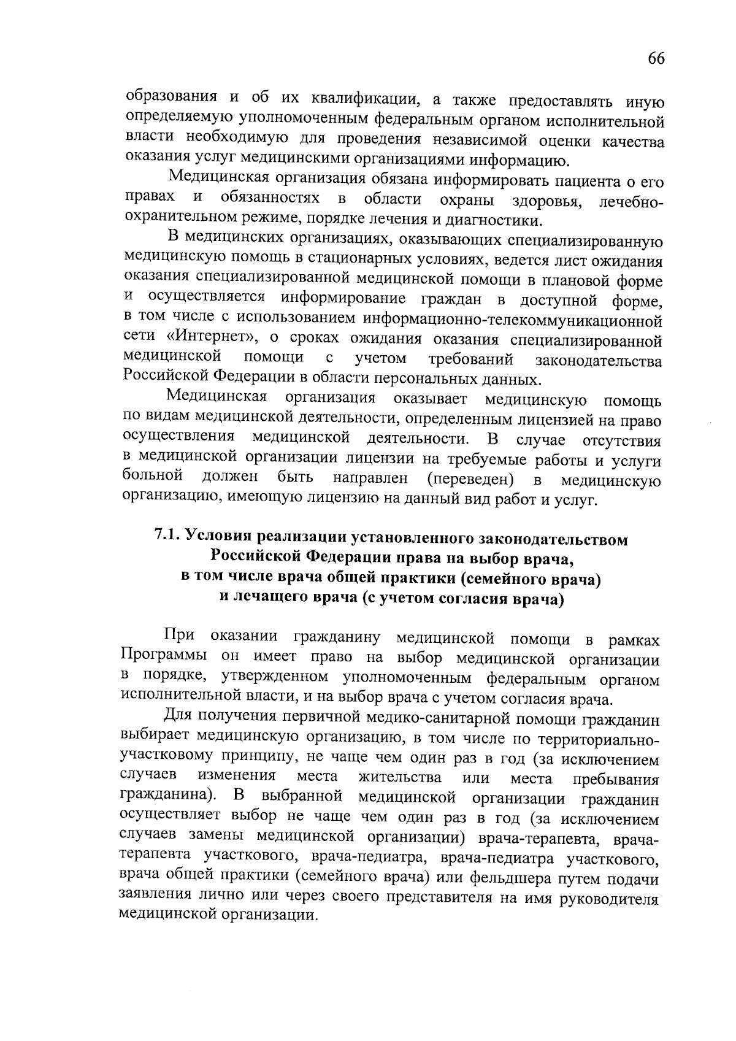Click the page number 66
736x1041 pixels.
pos(655,59)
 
